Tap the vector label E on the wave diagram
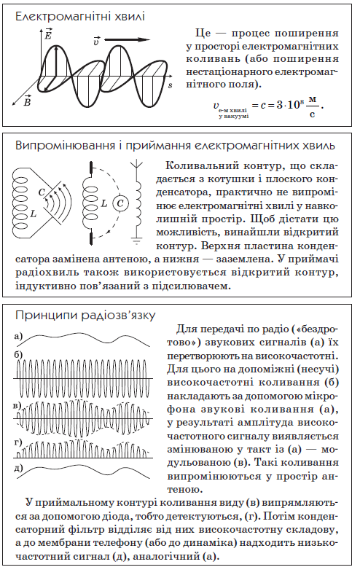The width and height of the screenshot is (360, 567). (47, 34)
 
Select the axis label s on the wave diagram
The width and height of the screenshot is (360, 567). (170, 85)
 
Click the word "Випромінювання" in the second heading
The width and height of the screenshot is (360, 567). (60, 144)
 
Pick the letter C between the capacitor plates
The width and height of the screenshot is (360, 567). (42, 192)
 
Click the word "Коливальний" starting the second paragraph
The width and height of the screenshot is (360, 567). (201, 166)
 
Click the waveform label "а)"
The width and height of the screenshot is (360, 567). (18, 337)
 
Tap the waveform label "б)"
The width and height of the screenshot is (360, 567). (18, 354)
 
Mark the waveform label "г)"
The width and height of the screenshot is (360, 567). (18, 442)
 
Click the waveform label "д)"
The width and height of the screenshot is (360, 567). (18, 467)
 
